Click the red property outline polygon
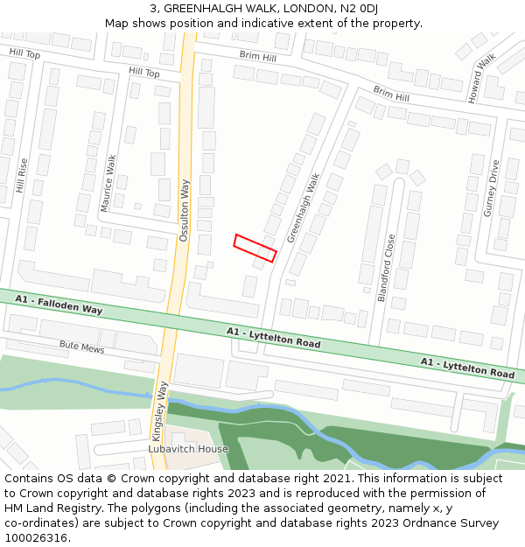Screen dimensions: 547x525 (x=255, y=248)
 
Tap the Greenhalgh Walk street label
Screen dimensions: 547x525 (x=304, y=207)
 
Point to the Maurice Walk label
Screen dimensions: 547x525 (x=108, y=183)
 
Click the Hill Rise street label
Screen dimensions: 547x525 (x=22, y=175)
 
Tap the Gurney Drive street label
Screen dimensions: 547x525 (x=492, y=187)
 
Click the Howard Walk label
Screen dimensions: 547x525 (x=482, y=78)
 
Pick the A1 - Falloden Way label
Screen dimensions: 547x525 (x=59, y=305)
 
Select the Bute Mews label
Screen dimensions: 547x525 (x=81, y=348)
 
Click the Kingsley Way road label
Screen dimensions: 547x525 (x=161, y=410)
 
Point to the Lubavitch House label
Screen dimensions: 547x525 (x=187, y=449)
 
